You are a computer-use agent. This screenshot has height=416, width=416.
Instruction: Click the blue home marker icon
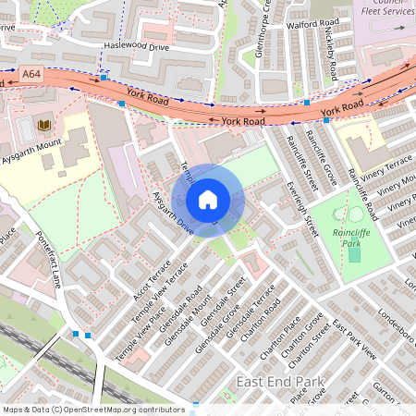click(x=208, y=199)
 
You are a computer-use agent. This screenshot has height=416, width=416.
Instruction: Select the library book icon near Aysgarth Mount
click(x=43, y=125)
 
